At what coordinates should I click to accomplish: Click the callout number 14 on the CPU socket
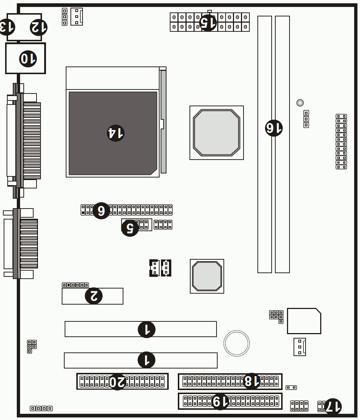[115, 133]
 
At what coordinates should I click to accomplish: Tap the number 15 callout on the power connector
[208, 23]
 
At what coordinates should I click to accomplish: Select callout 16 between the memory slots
[274, 128]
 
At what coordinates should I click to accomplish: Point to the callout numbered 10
[28, 58]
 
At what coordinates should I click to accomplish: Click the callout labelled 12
[39, 27]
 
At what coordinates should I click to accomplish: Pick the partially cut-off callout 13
[7, 27]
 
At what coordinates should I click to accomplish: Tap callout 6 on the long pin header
[101, 210]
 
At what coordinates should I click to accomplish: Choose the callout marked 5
[130, 228]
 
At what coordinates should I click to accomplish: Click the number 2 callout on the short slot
[93, 296]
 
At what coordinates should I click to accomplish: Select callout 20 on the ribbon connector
[117, 381]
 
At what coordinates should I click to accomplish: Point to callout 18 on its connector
[252, 381]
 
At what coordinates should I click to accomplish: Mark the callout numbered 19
[220, 401]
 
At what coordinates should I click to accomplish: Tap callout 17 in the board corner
[333, 407]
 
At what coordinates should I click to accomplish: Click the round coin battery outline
[237, 343]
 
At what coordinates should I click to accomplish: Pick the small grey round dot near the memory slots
[300, 103]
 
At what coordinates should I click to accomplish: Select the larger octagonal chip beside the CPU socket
[217, 133]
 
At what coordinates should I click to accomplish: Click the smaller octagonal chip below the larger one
[207, 276]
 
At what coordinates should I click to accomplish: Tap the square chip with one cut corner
[304, 321]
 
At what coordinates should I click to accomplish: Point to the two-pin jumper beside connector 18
[291, 387]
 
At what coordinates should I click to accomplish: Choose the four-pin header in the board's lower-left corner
[41, 408]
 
